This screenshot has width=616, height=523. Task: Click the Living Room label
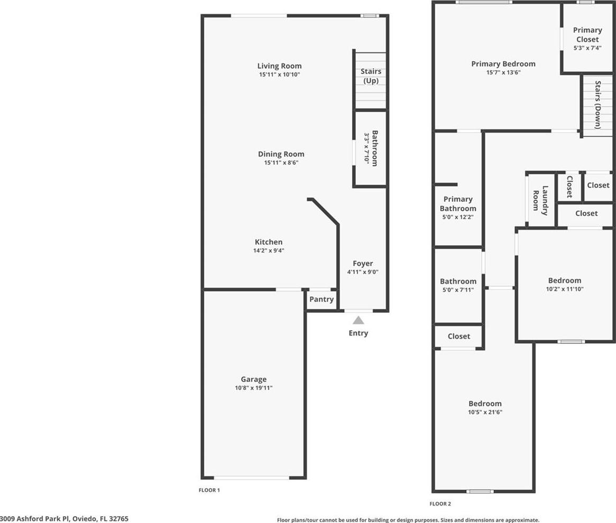click(279, 66)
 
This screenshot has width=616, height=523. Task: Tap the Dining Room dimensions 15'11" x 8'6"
click(281, 163)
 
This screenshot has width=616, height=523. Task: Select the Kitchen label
click(269, 242)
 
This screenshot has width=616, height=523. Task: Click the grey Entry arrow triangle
click(358, 320)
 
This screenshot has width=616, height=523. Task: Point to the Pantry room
click(321, 301)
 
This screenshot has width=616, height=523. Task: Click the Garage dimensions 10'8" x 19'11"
click(253, 388)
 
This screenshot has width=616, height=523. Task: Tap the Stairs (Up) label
click(371, 76)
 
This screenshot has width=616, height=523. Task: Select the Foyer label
click(363, 264)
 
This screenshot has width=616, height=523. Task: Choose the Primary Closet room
click(587, 39)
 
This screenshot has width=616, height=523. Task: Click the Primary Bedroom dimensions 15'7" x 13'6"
click(503, 72)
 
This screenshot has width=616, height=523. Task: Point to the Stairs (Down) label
click(597, 105)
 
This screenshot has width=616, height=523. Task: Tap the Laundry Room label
click(540, 200)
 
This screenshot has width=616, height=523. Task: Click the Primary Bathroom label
click(458, 204)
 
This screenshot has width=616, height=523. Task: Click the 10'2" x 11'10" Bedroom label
click(565, 281)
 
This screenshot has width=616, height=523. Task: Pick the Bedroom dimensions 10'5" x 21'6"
click(485, 412)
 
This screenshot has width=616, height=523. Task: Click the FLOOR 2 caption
click(440, 504)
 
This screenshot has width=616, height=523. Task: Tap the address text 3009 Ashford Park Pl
click(35, 519)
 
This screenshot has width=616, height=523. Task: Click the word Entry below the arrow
click(358, 333)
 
